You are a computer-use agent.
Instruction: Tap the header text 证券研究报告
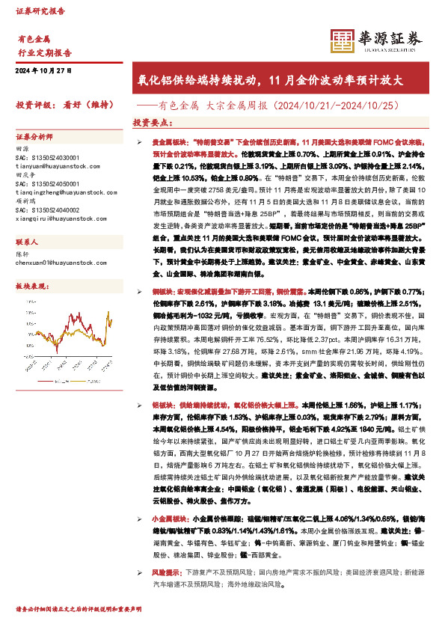40,12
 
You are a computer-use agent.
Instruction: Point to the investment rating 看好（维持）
87,105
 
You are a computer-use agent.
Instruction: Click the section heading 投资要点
151,122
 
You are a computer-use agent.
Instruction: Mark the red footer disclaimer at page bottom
79,610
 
